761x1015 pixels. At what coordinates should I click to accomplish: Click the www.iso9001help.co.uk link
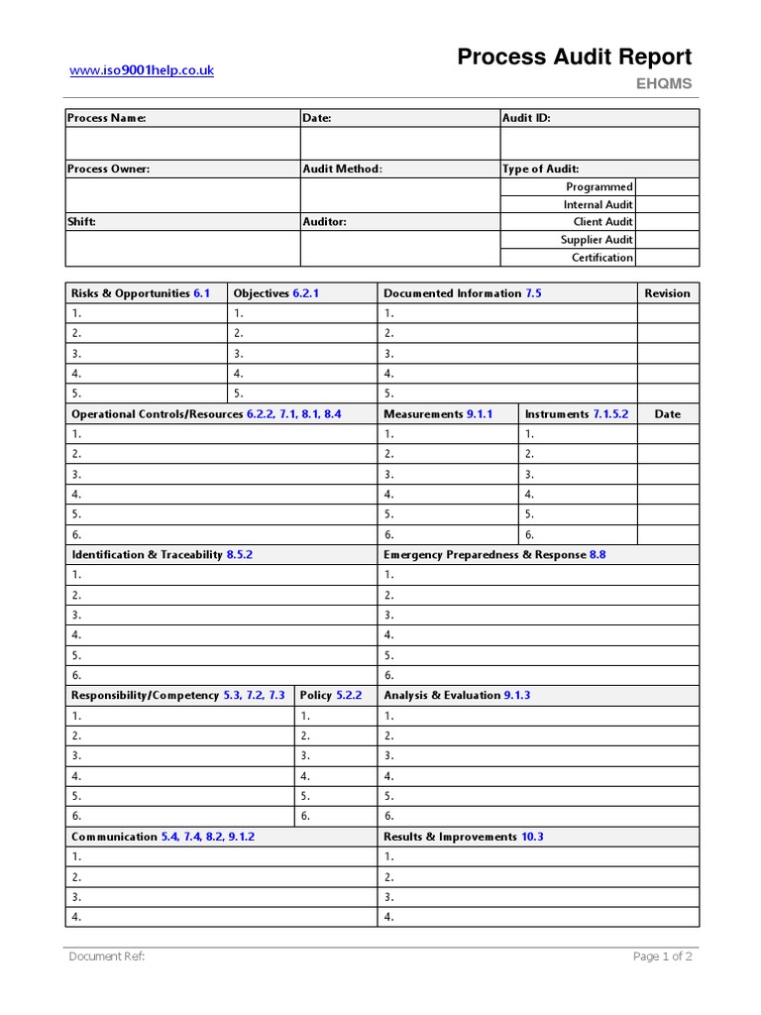point(141,70)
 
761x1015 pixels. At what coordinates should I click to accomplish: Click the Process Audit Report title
point(574,57)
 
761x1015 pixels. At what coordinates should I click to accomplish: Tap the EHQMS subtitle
point(664,84)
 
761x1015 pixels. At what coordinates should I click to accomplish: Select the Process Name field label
point(106,118)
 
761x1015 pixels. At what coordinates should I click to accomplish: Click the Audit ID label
point(526,118)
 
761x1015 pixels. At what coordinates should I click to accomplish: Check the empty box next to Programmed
point(666,186)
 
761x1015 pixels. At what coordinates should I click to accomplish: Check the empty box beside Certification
point(666,258)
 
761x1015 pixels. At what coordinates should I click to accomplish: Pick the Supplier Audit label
point(597,240)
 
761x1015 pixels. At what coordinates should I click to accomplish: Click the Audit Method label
point(342,169)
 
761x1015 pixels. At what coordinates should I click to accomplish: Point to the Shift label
point(81,222)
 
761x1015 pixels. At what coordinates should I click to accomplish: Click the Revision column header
point(667,293)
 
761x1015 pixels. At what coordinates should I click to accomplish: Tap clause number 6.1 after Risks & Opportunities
point(202,293)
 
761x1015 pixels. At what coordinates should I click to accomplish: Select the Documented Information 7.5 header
point(462,293)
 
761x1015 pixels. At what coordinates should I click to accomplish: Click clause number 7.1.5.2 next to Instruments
point(610,414)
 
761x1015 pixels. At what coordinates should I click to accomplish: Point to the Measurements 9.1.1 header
point(437,414)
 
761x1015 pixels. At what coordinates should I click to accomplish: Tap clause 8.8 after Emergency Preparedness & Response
point(598,555)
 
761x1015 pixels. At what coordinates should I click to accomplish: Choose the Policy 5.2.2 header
point(331,696)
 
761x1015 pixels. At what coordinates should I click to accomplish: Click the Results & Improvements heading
point(450,837)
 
